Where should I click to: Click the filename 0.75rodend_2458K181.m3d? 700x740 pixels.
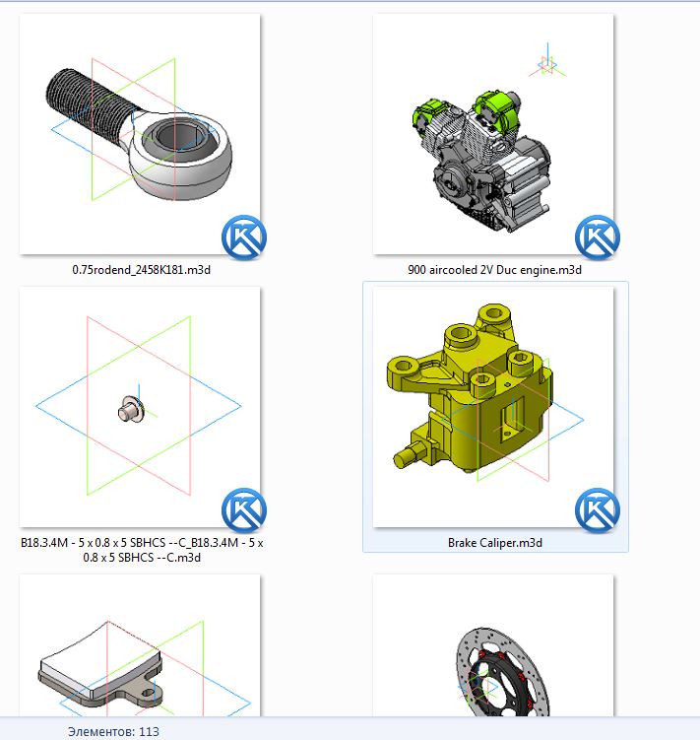point(141,270)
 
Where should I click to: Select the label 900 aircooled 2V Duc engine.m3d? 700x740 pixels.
point(494,270)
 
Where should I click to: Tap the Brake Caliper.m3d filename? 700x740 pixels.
point(495,543)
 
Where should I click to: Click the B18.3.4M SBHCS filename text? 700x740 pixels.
point(142,550)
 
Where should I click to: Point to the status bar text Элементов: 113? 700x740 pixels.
point(113,731)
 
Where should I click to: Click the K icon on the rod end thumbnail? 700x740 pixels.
point(244,237)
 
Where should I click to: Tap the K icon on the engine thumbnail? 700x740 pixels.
point(598,237)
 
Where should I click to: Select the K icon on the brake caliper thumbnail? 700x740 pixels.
point(598,510)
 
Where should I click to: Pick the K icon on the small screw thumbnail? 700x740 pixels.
point(244,510)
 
